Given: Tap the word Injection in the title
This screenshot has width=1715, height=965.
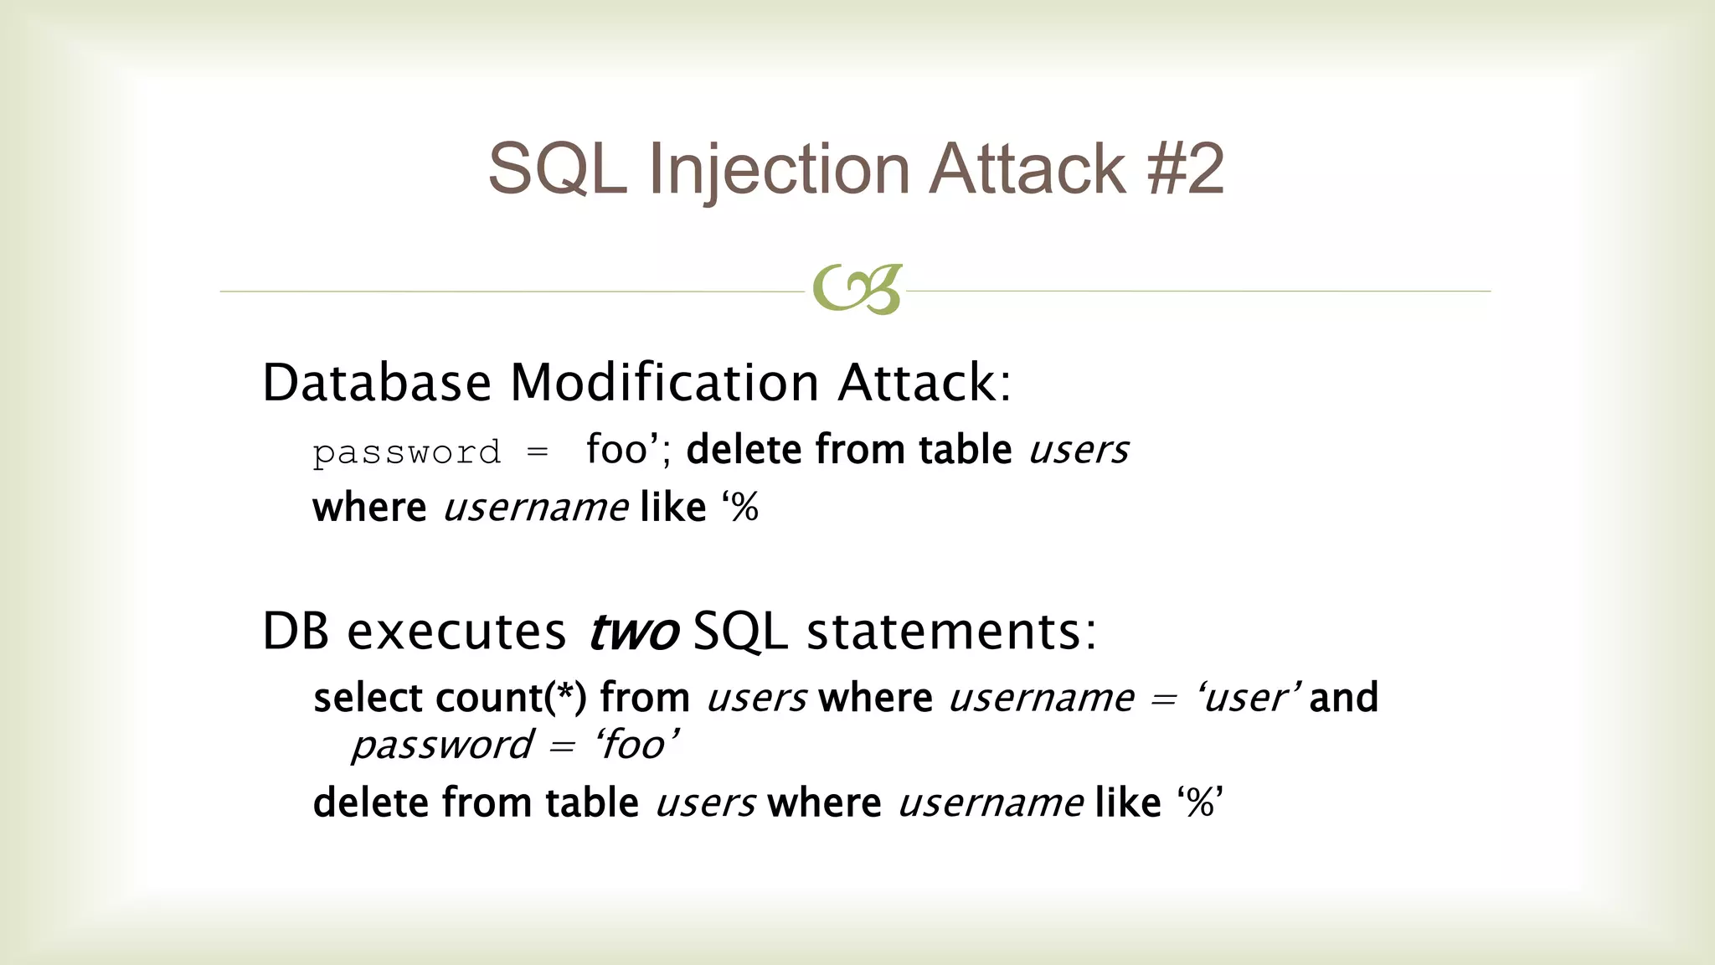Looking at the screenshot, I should (779, 171).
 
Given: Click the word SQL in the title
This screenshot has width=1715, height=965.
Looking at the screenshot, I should (557, 169).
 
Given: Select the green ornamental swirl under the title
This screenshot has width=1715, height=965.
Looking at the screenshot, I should (857, 290).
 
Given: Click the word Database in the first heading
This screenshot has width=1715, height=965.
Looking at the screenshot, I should (376, 383).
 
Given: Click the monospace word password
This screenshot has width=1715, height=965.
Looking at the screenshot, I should (407, 453).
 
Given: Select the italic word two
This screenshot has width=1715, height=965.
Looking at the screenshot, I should (632, 632).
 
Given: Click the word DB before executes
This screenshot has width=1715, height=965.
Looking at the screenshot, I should (295, 631).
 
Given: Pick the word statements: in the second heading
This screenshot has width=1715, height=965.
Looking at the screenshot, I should (950, 631).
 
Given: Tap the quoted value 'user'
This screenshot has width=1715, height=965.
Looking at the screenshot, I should (1249, 698).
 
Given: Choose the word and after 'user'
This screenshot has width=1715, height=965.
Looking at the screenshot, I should (1343, 698).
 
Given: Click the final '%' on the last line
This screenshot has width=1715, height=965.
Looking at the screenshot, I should (1199, 802).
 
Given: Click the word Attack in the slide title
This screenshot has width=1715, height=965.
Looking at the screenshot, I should (1027, 169).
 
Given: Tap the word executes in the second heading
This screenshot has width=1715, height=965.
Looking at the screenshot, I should (456, 631).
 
